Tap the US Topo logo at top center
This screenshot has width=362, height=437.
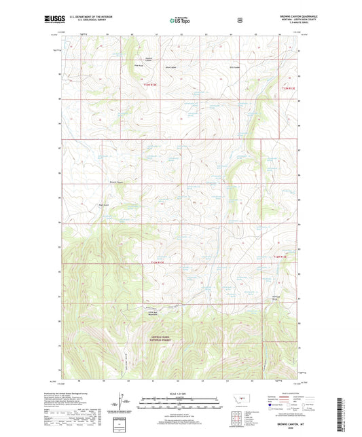pyautogui.click(x=180, y=20)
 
